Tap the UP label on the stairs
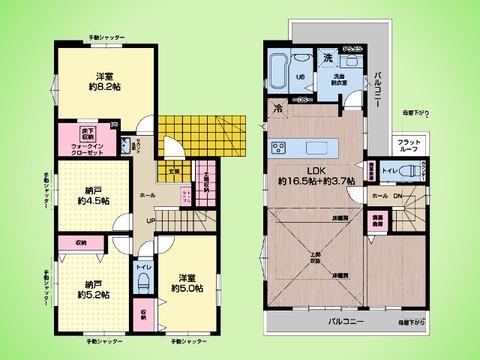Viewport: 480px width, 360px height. [150, 221]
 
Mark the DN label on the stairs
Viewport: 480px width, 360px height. [397, 196]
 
